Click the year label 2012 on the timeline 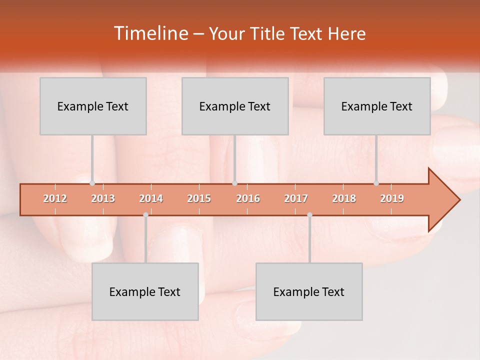click(x=55, y=199)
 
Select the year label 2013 click(x=103, y=199)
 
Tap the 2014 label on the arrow click(x=151, y=199)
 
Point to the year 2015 click(x=199, y=199)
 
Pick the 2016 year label click(x=248, y=199)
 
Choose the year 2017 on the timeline click(x=296, y=199)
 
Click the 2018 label click(x=344, y=199)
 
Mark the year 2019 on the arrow click(x=392, y=199)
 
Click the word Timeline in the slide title click(x=150, y=33)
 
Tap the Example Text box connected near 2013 click(x=93, y=106)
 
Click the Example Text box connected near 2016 click(x=235, y=106)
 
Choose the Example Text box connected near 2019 click(x=377, y=106)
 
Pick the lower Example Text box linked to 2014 click(x=145, y=291)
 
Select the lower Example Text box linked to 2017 click(x=309, y=291)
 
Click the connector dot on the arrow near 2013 click(x=92, y=183)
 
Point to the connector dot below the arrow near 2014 click(x=145, y=215)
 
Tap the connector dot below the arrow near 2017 click(x=309, y=215)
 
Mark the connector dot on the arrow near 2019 click(x=376, y=183)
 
